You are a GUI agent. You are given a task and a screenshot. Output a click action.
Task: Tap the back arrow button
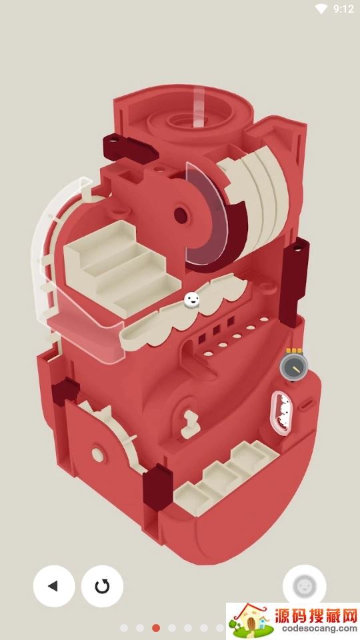[54, 586]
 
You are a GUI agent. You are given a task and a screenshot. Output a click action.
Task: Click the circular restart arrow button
[102, 586]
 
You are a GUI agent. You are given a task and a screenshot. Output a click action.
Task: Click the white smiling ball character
[192, 300]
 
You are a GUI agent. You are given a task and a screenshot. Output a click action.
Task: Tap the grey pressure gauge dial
[294, 366]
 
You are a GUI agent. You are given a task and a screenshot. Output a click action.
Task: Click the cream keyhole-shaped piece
[190, 424]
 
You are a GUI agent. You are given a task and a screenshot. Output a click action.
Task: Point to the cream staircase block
[122, 268]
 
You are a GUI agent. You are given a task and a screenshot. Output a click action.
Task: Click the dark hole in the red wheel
[181, 215]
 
